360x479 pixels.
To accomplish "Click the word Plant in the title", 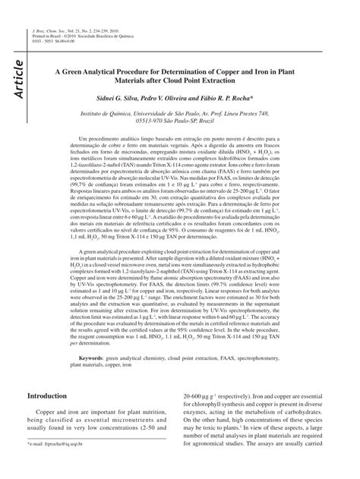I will (x=313, y=66).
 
